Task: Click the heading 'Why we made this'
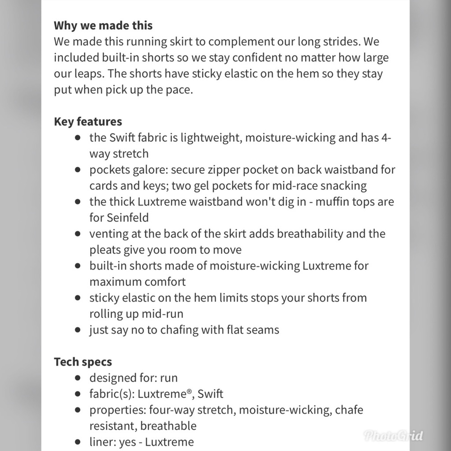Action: click(103, 25)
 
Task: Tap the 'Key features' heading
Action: click(88, 122)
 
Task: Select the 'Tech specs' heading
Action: click(83, 362)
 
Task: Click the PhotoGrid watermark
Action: click(393, 436)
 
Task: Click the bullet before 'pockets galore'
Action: click(78, 170)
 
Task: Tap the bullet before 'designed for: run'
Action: click(78, 378)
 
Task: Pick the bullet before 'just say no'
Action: click(78, 330)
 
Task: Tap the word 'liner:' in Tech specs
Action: click(102, 442)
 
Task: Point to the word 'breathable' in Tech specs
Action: click(168, 426)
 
